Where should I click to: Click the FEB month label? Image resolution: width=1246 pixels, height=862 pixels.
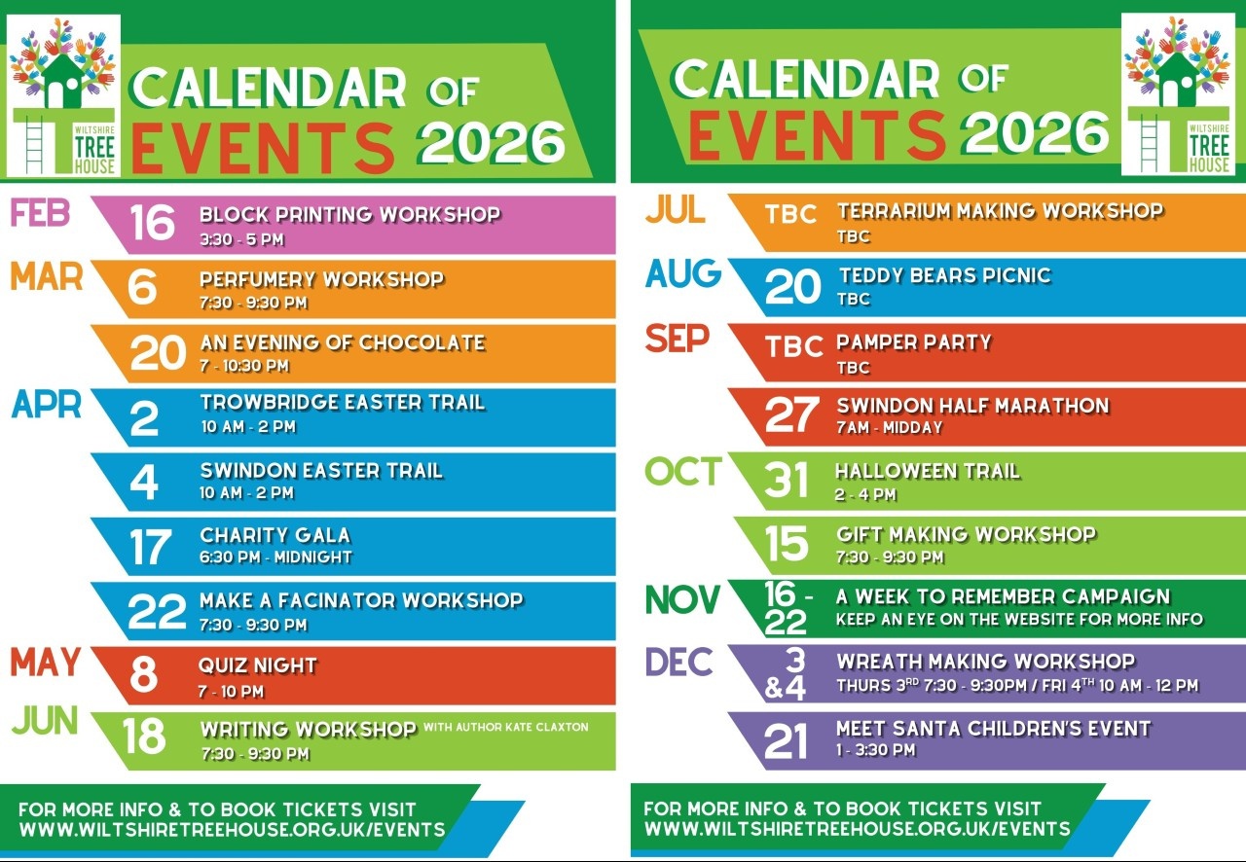tap(41, 213)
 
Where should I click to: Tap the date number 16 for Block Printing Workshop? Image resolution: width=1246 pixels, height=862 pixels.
tap(153, 223)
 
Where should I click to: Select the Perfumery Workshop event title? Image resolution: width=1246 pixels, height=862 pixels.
tap(322, 279)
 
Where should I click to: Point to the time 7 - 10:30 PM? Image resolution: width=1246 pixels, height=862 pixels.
tap(244, 366)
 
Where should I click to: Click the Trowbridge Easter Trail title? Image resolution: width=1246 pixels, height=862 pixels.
tap(343, 402)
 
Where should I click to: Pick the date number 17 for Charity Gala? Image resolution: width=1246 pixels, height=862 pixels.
tap(150, 547)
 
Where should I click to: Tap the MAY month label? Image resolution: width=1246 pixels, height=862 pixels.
tap(46, 663)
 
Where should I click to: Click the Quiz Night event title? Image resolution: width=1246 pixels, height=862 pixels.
tap(258, 665)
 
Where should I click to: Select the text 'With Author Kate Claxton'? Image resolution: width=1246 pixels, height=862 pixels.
tap(505, 727)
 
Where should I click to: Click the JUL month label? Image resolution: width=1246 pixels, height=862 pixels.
tap(676, 209)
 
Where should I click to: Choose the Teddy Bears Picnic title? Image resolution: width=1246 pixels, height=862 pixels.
tap(945, 275)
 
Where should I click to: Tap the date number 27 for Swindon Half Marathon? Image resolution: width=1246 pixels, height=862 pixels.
tap(791, 414)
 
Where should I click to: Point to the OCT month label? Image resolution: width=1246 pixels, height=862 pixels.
tap(683, 471)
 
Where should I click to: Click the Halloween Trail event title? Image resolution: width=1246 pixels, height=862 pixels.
tap(928, 471)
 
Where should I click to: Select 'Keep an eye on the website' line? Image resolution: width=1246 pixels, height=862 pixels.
tap(1019, 619)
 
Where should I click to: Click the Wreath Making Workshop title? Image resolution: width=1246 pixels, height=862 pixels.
tap(986, 662)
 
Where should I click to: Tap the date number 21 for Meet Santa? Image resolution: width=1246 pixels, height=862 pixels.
tap(786, 740)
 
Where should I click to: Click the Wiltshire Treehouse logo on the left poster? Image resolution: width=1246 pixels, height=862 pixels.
tap(63, 95)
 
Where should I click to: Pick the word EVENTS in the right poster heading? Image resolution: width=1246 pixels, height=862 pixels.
tap(817, 134)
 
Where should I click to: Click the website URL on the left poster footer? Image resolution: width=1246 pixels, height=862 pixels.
tap(232, 830)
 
